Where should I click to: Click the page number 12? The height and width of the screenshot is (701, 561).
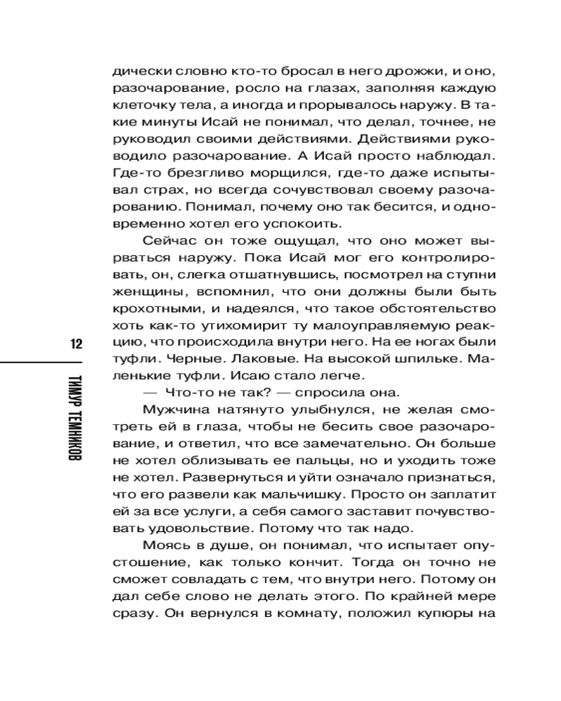(76, 344)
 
